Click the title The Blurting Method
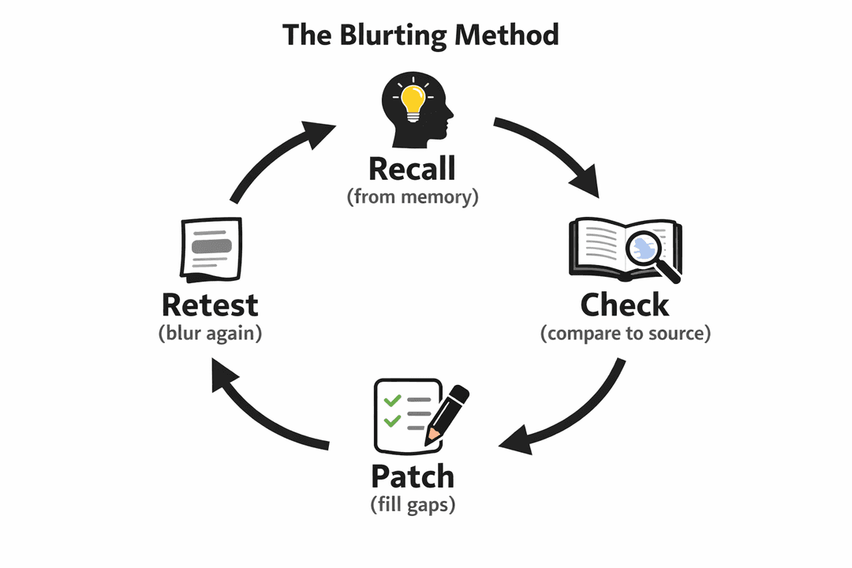coord(420,35)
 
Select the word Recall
coord(412,168)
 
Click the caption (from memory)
coord(413,196)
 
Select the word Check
coord(625,305)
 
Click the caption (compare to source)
coord(626,333)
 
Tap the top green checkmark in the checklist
coord(390,401)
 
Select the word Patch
coord(413,476)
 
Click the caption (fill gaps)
coord(413,505)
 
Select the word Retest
coord(209,305)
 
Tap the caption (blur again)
coord(210,333)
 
